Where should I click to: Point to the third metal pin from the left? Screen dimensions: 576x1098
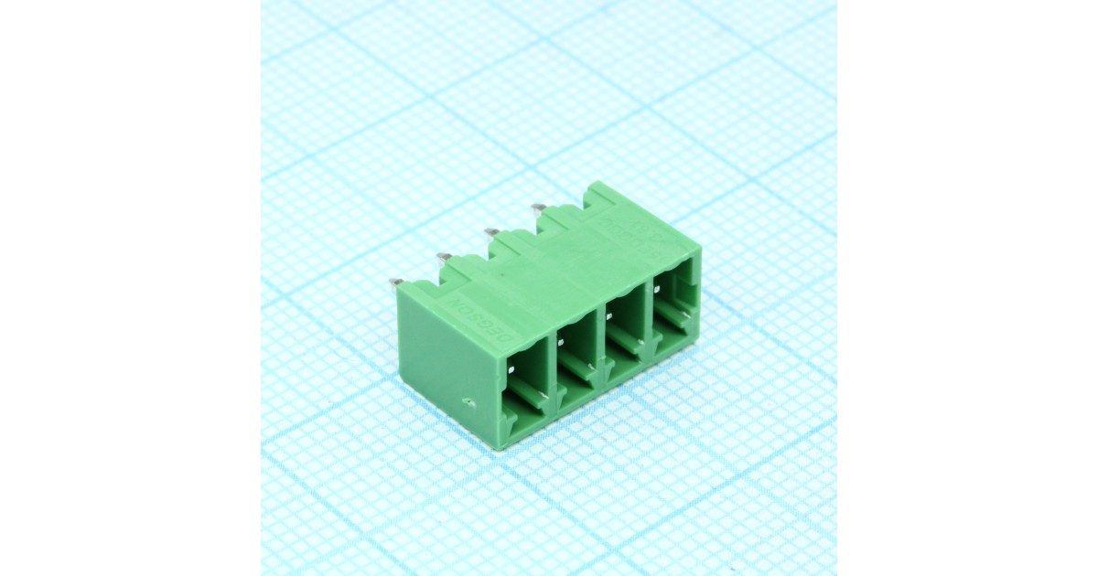pos(490,232)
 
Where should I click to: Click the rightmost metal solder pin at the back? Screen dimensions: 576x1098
pos(537,208)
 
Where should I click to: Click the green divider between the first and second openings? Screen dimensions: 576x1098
pos(554,375)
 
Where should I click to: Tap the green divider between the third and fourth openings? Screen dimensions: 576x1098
pos(650,325)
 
